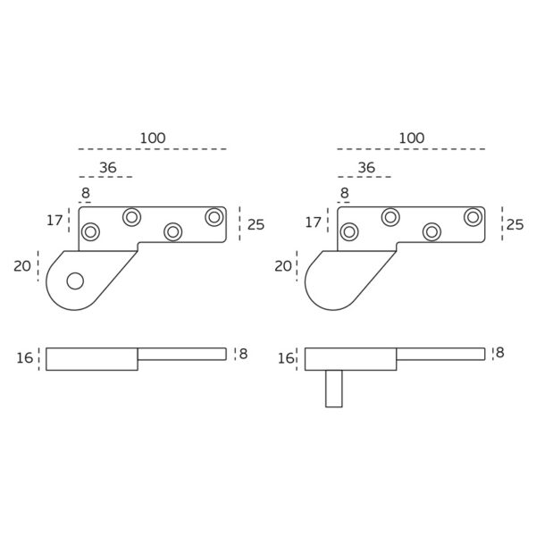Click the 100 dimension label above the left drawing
point(153,138)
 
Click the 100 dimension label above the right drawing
point(412,138)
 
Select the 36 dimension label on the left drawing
point(107,168)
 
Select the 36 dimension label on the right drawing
point(366,168)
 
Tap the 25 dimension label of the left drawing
point(255,224)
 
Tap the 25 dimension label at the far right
point(515,224)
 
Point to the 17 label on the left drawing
point(54,220)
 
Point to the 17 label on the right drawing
point(314,220)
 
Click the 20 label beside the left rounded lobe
point(22,265)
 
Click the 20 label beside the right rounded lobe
point(283,265)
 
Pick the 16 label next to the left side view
point(25,358)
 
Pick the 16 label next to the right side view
point(286,358)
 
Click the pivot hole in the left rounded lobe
point(75,281)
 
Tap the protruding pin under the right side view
point(333,389)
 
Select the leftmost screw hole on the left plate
point(90,232)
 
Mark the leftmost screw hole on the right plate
point(349,232)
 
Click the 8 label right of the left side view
point(243,354)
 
